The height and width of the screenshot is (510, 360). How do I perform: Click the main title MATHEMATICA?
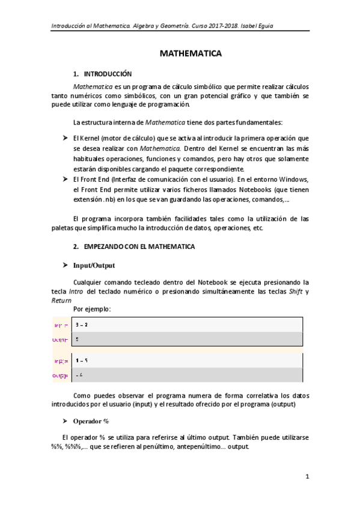pos(191,54)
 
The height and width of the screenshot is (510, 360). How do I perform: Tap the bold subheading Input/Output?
pos(94,265)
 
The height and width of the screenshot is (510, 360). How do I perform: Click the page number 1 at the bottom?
pos(307,477)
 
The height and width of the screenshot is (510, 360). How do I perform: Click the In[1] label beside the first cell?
pos(61,325)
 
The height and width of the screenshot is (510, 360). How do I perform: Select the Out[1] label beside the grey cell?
pos(61,339)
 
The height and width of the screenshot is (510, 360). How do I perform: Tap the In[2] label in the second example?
pos(61,361)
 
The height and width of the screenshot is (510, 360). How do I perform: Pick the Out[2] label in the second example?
pos(61,375)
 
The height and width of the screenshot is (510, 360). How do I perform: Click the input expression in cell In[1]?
pos(82,325)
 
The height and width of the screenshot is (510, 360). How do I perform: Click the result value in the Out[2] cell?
pos(79,375)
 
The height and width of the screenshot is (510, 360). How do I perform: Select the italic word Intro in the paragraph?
pos(76,292)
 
